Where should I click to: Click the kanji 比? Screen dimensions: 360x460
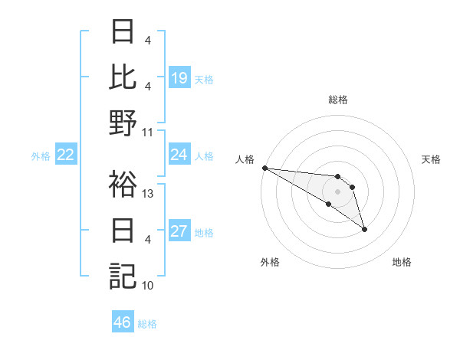coord(123,77)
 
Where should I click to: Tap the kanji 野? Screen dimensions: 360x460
coord(123,123)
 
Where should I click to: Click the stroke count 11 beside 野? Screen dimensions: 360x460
coord(149,133)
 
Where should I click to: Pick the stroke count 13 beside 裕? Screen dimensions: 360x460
coord(149,194)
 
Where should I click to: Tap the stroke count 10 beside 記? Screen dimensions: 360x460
coord(149,286)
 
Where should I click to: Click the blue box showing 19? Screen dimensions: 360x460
coord(179,78)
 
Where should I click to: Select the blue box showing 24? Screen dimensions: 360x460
coord(179,155)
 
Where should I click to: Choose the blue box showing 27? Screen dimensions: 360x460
coord(179,231)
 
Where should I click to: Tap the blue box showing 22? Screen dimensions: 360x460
coord(66,155)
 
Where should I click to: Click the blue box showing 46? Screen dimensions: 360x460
coord(123,322)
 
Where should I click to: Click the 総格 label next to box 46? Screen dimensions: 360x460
coord(147,324)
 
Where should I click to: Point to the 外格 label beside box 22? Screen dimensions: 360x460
coord(41,156)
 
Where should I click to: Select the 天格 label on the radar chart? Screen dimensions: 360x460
coord(431,159)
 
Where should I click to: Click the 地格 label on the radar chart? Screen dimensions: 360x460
coord(402,262)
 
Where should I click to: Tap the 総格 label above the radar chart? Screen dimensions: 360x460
coord(338,100)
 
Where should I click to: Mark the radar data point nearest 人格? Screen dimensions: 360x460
coord(264,168)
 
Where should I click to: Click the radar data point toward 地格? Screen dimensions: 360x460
coord(364,229)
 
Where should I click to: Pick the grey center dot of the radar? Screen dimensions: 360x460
coord(337,191)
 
